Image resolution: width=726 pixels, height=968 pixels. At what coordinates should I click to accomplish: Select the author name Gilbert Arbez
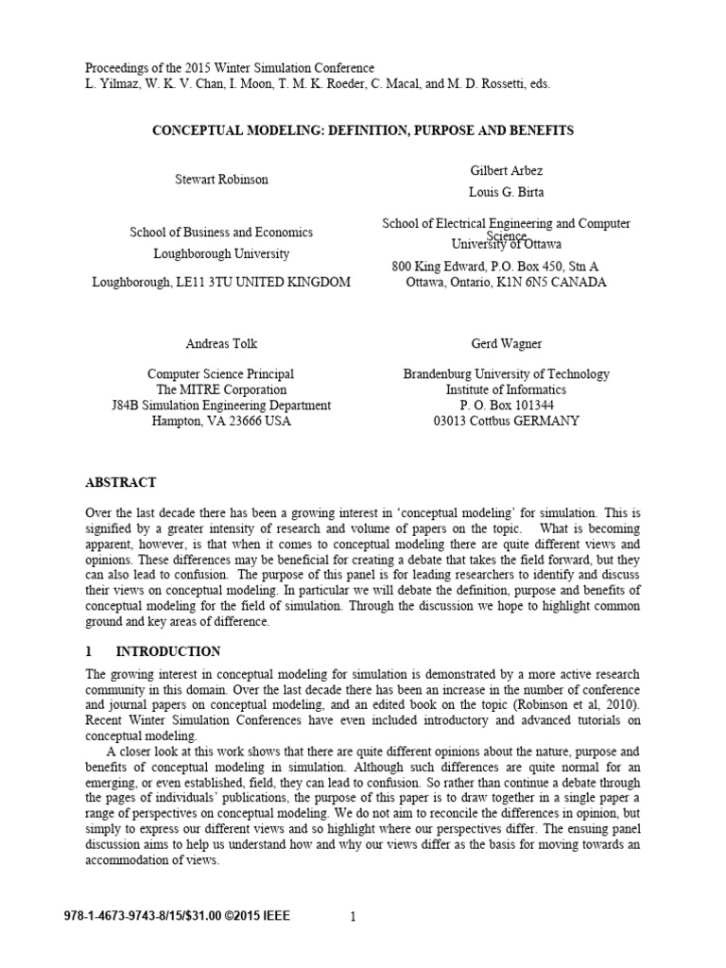tap(507, 169)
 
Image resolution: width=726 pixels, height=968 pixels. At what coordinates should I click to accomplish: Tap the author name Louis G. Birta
tap(507, 192)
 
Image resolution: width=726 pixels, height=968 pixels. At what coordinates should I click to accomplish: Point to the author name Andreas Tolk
tap(220, 344)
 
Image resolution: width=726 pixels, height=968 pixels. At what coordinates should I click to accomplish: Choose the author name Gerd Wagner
tap(506, 344)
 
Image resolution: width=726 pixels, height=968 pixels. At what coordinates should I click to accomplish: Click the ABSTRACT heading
tap(121, 482)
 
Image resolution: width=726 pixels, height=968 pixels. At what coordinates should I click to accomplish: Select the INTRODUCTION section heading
tap(168, 652)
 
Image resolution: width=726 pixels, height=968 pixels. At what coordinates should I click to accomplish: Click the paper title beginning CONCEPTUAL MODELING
tap(363, 130)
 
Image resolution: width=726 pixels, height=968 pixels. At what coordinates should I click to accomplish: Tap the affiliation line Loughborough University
tap(222, 253)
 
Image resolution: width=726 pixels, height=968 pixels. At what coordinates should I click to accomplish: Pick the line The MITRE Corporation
tap(220, 389)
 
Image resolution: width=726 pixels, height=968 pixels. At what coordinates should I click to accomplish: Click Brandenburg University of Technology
tap(506, 374)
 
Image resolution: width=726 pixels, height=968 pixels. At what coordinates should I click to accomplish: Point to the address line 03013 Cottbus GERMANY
tap(506, 421)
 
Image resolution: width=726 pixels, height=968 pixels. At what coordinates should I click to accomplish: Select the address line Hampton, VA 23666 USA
tap(220, 421)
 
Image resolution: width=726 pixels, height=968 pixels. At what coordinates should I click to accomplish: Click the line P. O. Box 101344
tap(506, 406)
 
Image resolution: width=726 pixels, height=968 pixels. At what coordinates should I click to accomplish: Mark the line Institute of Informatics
tap(506, 389)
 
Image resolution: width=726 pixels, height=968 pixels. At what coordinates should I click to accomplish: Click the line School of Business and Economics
tap(222, 233)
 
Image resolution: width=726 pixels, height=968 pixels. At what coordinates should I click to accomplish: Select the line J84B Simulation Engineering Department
tap(220, 406)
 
